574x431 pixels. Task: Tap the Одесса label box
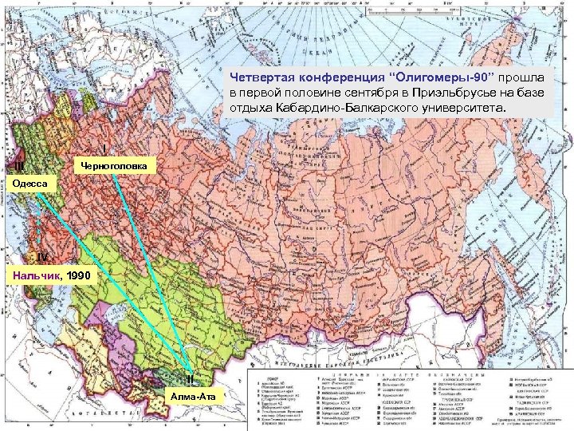(29, 184)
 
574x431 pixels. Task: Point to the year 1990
(80, 275)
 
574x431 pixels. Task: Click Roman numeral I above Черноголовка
(106, 148)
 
